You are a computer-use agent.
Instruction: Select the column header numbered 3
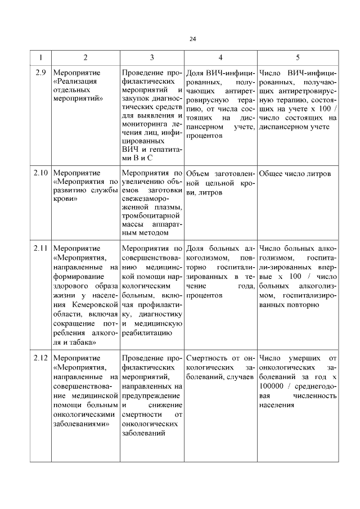pos(152,57)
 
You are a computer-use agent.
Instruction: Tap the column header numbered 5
pos(298,57)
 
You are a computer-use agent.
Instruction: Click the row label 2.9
pos(40,73)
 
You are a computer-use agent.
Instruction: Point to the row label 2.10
pos(40,173)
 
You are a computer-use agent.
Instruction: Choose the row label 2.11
pos(40,248)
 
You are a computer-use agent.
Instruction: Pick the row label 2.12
pos(40,357)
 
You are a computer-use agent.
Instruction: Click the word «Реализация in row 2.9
pos(74,83)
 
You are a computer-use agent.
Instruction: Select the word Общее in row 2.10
pos(273,173)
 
